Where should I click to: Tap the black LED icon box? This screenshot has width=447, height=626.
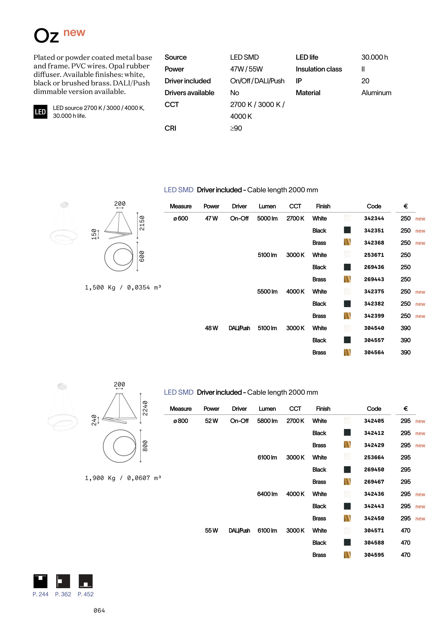pos(40,112)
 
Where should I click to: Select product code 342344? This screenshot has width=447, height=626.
pos(374,219)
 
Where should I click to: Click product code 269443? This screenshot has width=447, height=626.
pos(374,279)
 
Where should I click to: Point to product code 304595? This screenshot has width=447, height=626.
pos(374,555)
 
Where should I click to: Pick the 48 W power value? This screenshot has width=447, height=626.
pos(211,328)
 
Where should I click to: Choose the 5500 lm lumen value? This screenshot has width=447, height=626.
pos(267,292)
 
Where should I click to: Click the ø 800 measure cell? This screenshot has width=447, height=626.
pos(181,421)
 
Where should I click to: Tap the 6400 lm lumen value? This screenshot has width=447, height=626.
pos(267,494)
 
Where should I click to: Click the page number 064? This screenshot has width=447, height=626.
pos(99,611)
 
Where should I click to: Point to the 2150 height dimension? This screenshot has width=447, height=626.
pos(142,223)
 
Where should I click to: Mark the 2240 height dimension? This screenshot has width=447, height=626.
pos(145,408)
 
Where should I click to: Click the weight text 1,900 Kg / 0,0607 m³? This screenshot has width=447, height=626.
pos(123,478)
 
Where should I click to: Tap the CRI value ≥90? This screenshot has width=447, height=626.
pos(236,128)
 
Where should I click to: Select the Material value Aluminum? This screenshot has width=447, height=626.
pos(376,93)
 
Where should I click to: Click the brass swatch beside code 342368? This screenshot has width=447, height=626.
pos(347,242)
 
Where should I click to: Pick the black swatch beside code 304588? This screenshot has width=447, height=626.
pos(347,542)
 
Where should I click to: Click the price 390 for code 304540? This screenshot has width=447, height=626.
pos(405,328)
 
